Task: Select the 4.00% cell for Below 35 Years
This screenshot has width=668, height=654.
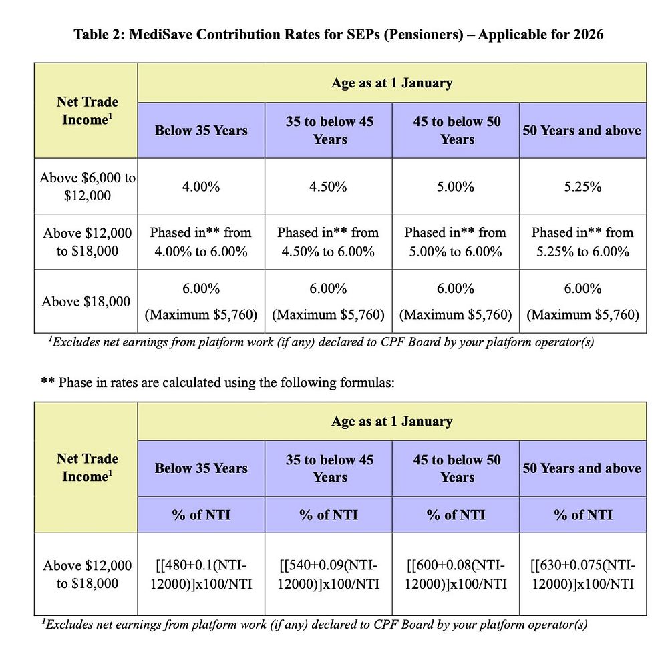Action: pyautogui.click(x=201, y=186)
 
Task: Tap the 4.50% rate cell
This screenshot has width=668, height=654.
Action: pyautogui.click(x=328, y=186)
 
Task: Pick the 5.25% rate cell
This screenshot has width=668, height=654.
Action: pyautogui.click(x=582, y=186)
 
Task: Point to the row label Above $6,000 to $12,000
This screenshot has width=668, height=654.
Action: pyautogui.click(x=87, y=186)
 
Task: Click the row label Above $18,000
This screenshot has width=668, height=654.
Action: pyautogui.click(x=86, y=302)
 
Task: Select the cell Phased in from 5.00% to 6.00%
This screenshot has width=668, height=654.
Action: pyautogui.click(x=456, y=242)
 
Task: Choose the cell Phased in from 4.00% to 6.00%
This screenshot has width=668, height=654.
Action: pyautogui.click(x=201, y=242)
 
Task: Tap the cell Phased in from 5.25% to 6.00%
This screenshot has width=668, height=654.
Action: pyautogui.click(x=582, y=242)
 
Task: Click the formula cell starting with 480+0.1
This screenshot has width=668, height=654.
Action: pyautogui.click(x=201, y=574)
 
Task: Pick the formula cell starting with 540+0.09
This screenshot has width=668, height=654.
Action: pyautogui.click(x=328, y=574)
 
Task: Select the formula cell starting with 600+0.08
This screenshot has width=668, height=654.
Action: pyautogui.click(x=456, y=574)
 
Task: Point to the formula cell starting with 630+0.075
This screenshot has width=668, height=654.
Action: pyautogui.click(x=582, y=574)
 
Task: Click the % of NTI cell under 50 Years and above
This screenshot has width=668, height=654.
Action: pyautogui.click(x=582, y=515)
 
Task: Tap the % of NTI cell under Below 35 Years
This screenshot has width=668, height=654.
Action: pyautogui.click(x=201, y=515)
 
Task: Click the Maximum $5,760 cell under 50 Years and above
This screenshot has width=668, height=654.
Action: pyautogui.click(x=582, y=314)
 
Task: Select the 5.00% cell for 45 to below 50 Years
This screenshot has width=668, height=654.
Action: pyautogui.click(x=456, y=186)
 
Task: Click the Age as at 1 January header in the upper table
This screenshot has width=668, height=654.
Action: pyautogui.click(x=391, y=83)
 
